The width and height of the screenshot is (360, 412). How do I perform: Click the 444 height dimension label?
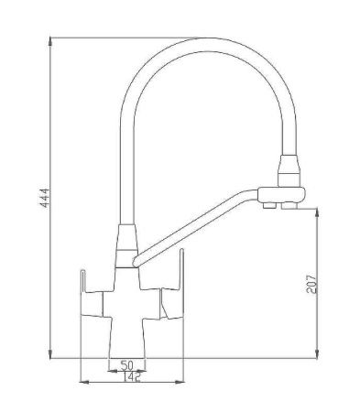[x=45, y=198]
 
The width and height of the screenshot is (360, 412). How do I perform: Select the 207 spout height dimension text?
[x=311, y=284]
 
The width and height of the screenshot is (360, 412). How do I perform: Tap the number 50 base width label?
[x=127, y=365]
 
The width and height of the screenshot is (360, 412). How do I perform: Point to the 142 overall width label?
[x=132, y=377]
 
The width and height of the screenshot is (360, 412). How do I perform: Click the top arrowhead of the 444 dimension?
[x=50, y=41]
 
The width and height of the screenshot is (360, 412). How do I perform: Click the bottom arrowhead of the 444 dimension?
[x=50, y=354]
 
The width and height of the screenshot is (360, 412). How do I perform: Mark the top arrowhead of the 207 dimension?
[x=317, y=212]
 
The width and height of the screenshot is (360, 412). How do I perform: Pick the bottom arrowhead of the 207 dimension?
[x=317, y=354]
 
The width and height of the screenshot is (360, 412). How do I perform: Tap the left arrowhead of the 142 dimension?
[x=84, y=382]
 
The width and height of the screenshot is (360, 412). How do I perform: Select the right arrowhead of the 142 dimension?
[x=180, y=382]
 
